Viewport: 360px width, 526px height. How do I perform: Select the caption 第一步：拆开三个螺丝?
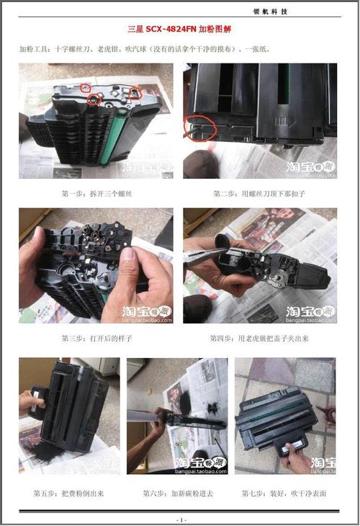pos(96,194)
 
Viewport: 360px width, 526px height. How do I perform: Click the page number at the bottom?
pos(180,519)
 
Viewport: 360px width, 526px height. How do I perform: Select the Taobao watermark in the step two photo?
pos(310,168)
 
